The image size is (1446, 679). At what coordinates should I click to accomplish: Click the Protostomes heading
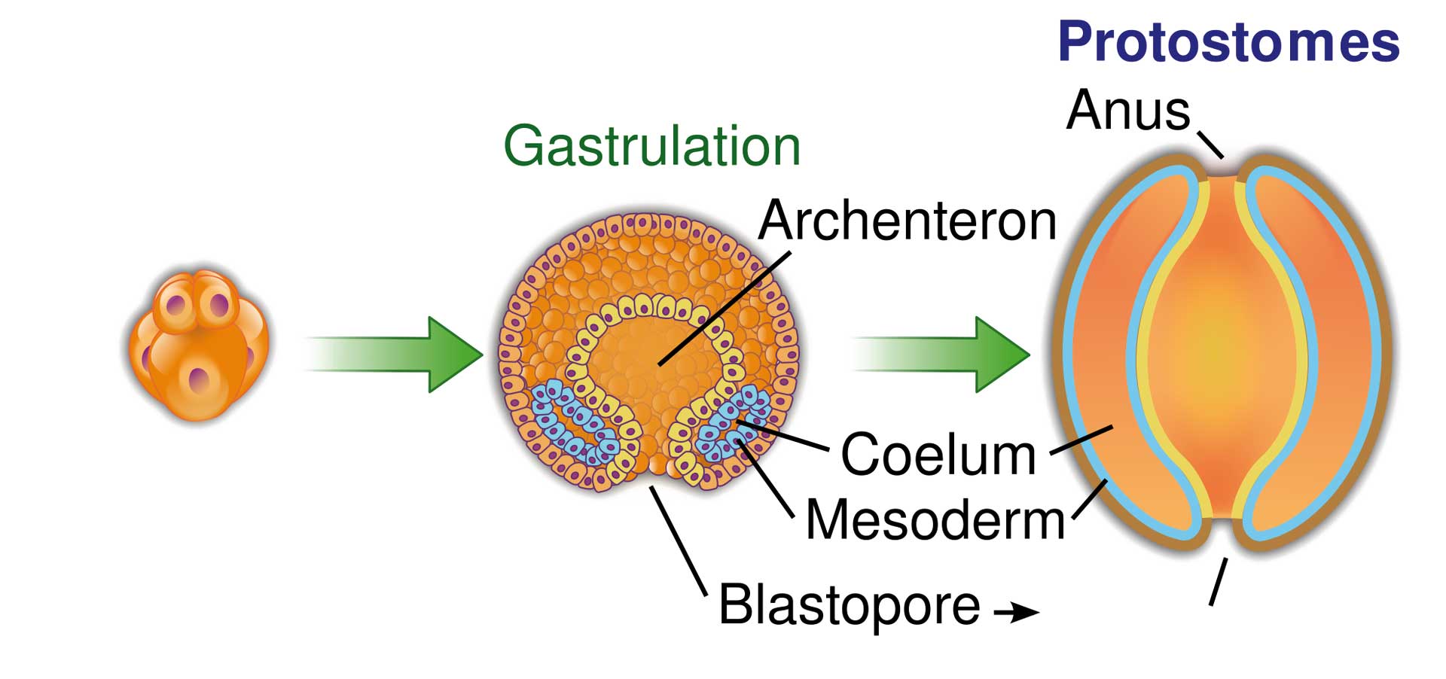coord(1228,42)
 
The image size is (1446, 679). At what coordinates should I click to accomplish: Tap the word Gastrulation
coord(651,146)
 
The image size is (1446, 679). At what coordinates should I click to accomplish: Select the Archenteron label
coord(908,221)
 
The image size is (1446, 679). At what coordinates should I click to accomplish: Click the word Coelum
coord(938,455)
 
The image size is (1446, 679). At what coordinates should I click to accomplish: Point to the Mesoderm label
coord(935,520)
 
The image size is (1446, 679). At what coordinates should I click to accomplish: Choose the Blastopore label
coord(850,604)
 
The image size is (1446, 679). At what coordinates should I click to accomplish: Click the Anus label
coord(1127,111)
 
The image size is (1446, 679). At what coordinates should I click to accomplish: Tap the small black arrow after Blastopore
coord(1017,612)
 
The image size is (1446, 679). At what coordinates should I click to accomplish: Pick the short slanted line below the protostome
coord(1218,581)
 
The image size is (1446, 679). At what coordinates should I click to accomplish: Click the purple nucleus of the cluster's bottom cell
coord(199,379)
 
